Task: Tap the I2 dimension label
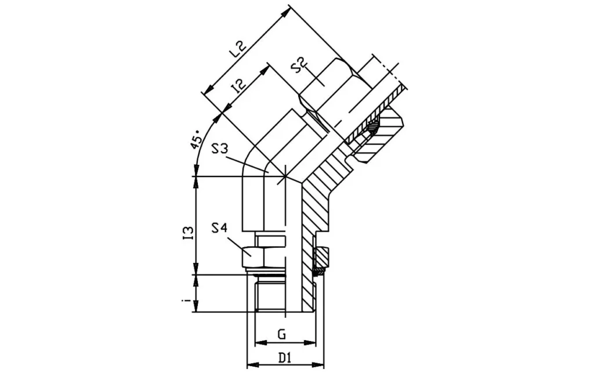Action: point(239,87)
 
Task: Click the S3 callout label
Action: point(223,149)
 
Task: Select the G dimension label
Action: point(282,334)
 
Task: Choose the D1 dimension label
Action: point(284,358)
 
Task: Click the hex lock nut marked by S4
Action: point(265,253)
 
